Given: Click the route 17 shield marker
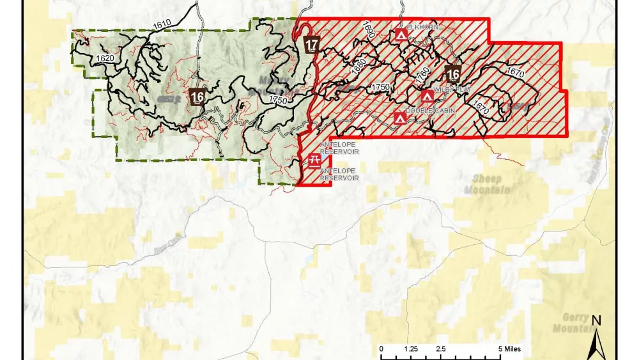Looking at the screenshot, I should coord(312,45).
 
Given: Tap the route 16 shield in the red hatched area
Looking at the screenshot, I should coord(454,74).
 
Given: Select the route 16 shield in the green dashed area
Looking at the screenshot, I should coord(197,97).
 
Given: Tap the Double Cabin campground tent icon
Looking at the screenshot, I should coord(399,118).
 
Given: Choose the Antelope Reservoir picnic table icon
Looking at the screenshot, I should coord(314,160).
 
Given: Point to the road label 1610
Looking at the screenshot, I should coord(162,24).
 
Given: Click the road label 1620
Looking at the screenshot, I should coord(105,58).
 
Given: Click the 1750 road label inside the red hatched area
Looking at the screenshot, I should coord(380,86).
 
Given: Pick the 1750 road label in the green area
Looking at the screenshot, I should coord(278,100).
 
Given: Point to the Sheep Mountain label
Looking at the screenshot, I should coord(488,184).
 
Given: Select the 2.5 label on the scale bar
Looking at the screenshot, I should coord(441,349).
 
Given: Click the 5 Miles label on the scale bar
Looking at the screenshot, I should coord(510,349).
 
